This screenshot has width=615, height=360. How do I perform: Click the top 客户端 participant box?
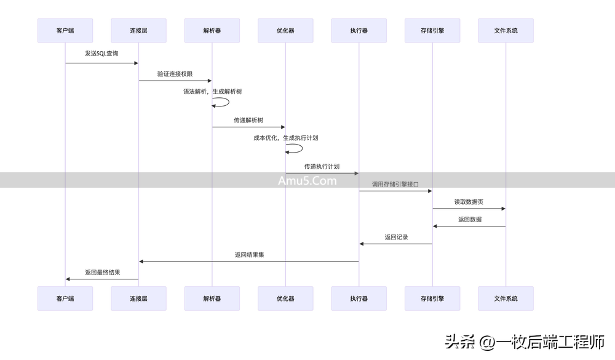click(x=65, y=30)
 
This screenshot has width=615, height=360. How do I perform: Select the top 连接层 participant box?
click(x=138, y=30)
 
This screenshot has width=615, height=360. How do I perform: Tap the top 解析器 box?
click(x=212, y=30)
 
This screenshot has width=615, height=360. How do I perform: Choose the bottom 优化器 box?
click(x=285, y=298)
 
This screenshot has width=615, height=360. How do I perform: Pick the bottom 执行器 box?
click(x=359, y=298)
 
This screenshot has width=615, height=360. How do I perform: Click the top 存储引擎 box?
click(x=432, y=30)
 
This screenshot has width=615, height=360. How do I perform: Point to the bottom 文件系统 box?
click(x=506, y=298)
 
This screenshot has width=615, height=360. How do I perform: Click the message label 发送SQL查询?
click(x=101, y=54)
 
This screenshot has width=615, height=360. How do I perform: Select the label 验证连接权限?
click(x=175, y=74)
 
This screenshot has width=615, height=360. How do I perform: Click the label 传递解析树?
click(x=248, y=120)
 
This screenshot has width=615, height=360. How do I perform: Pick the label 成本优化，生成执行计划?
click(x=285, y=138)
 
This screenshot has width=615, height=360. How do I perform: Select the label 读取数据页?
click(x=469, y=202)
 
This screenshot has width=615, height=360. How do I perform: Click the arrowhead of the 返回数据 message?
click(x=435, y=226)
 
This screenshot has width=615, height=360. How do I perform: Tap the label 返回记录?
click(x=396, y=237)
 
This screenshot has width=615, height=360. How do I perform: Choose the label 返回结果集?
click(x=249, y=254)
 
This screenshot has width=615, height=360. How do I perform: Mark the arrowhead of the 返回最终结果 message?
click(x=68, y=279)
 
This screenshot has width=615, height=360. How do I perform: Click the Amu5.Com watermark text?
click(x=307, y=180)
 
